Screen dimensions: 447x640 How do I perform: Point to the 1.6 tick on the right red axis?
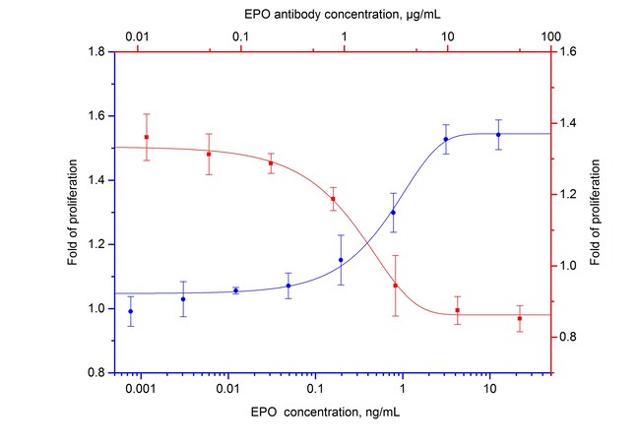pos(568,51)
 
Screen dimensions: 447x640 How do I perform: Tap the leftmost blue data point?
pos(131,311)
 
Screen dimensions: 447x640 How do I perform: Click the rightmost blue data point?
pos(498,135)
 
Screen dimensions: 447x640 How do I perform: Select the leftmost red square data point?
pos(147,137)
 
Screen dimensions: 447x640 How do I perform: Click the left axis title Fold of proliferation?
pos(73,213)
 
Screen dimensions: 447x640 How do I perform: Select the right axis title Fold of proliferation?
pos(595,213)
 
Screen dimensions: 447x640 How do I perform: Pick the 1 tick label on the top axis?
pos(345,36)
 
